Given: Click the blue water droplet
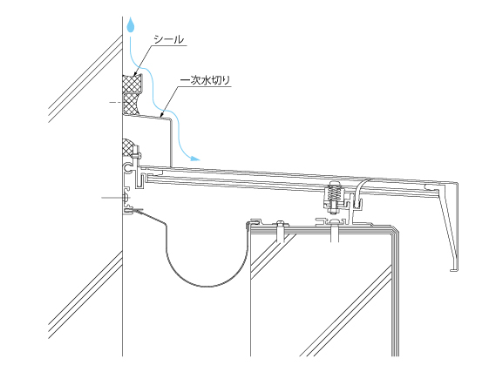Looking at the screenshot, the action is coord(131,25).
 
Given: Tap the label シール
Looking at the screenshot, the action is coord(168,39).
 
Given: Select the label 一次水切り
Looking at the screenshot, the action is coord(205,80).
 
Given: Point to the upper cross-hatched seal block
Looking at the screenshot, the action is coord(132,84).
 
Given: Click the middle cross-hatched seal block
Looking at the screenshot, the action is coord(131,104).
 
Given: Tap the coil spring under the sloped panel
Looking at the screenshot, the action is coord(334,194).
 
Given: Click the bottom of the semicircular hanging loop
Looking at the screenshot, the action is coord(206,287).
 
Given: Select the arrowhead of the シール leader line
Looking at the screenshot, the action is coord(136,74).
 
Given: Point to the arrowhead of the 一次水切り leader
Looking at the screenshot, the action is coord(163,115).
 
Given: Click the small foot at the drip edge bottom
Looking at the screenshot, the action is coord(454,270).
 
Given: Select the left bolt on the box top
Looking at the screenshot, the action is coord(281,233).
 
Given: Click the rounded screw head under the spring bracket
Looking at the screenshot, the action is coord(335,221).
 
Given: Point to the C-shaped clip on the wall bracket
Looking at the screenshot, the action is coord(129,168).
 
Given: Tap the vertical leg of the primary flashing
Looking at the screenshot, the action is coord(172,142).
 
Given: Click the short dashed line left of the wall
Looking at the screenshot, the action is coord(115,102).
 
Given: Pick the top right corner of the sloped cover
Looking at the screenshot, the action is coord(459,183).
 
